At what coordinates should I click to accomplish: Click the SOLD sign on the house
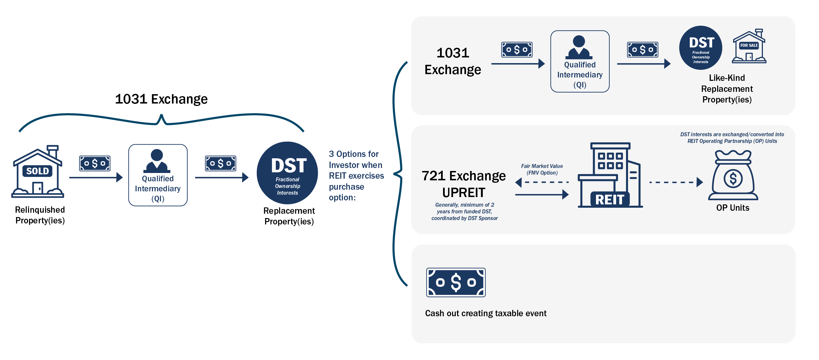click(x=37, y=171)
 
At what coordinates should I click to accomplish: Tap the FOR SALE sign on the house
click(x=749, y=45)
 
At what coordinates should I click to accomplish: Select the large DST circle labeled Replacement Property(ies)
click(x=287, y=173)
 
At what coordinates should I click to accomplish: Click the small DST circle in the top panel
click(x=700, y=48)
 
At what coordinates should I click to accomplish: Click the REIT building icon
click(x=610, y=175)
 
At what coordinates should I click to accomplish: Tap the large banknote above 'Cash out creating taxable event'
click(x=456, y=283)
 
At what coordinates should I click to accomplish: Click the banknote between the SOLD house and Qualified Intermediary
click(x=95, y=163)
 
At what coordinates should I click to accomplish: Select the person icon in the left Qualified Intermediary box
click(x=157, y=161)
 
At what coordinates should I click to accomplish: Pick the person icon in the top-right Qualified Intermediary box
click(x=579, y=47)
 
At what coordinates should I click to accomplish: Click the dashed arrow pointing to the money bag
click(x=676, y=182)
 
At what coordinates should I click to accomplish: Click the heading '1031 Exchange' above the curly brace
click(x=161, y=99)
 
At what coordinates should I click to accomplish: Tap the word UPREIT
click(x=464, y=193)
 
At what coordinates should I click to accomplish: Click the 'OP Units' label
click(x=733, y=208)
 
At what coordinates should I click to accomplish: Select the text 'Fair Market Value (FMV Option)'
click(x=542, y=169)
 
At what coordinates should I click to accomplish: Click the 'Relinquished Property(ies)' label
click(x=40, y=215)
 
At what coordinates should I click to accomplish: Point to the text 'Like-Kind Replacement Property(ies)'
click(x=727, y=89)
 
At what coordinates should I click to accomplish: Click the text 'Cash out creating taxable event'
click(x=485, y=313)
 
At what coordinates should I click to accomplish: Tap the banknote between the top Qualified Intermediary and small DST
click(x=642, y=50)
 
